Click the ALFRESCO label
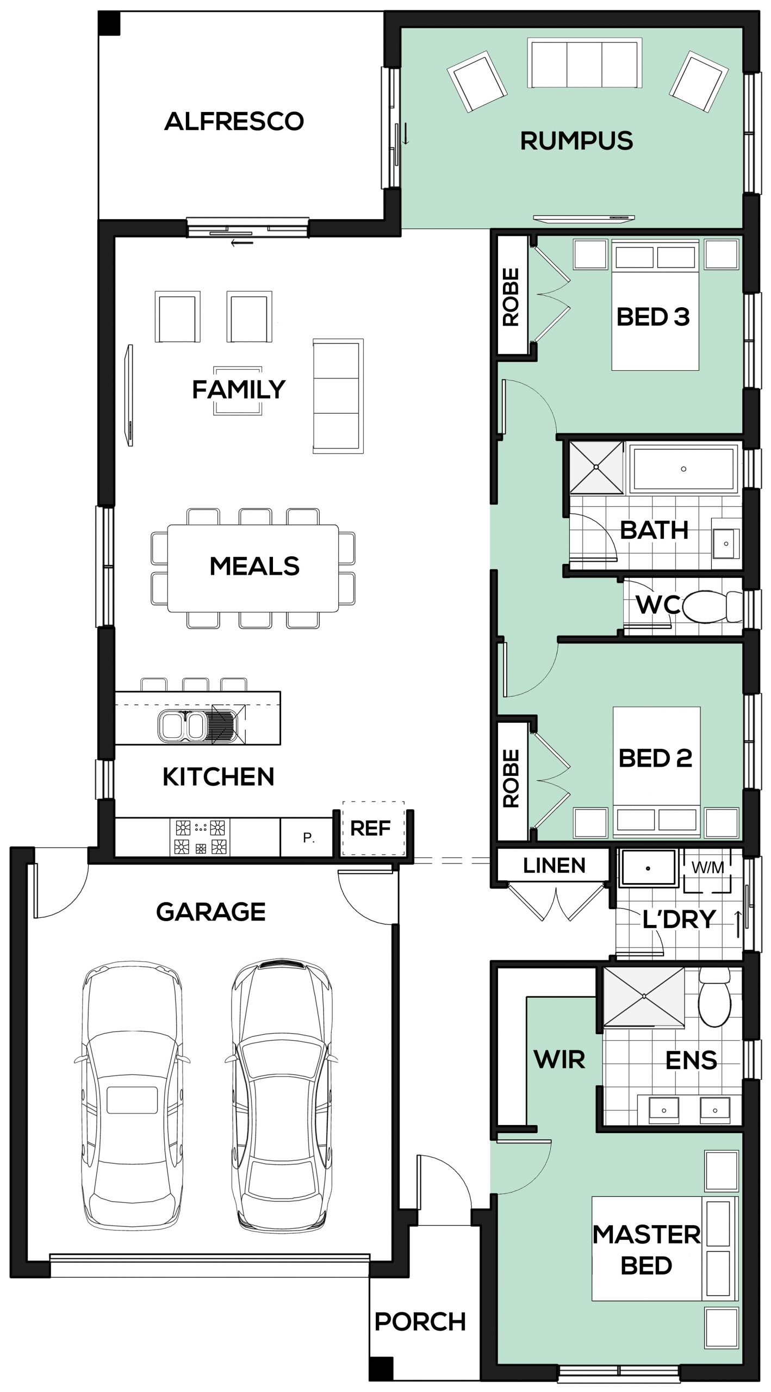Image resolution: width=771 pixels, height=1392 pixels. [x=234, y=121]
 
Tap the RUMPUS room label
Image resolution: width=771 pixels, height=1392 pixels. [x=576, y=141]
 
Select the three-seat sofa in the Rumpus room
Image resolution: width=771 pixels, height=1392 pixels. [x=585, y=63]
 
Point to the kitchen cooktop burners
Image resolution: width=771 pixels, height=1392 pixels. [x=200, y=837]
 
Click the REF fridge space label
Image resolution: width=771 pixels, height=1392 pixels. [x=371, y=829]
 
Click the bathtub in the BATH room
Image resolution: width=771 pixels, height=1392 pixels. [x=683, y=468]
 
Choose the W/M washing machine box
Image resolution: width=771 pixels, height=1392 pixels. [x=707, y=871]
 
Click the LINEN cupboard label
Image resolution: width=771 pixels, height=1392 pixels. [x=554, y=865]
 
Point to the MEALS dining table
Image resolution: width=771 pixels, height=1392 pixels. [x=253, y=568]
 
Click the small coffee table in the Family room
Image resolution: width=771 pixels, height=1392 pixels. [x=238, y=390]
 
